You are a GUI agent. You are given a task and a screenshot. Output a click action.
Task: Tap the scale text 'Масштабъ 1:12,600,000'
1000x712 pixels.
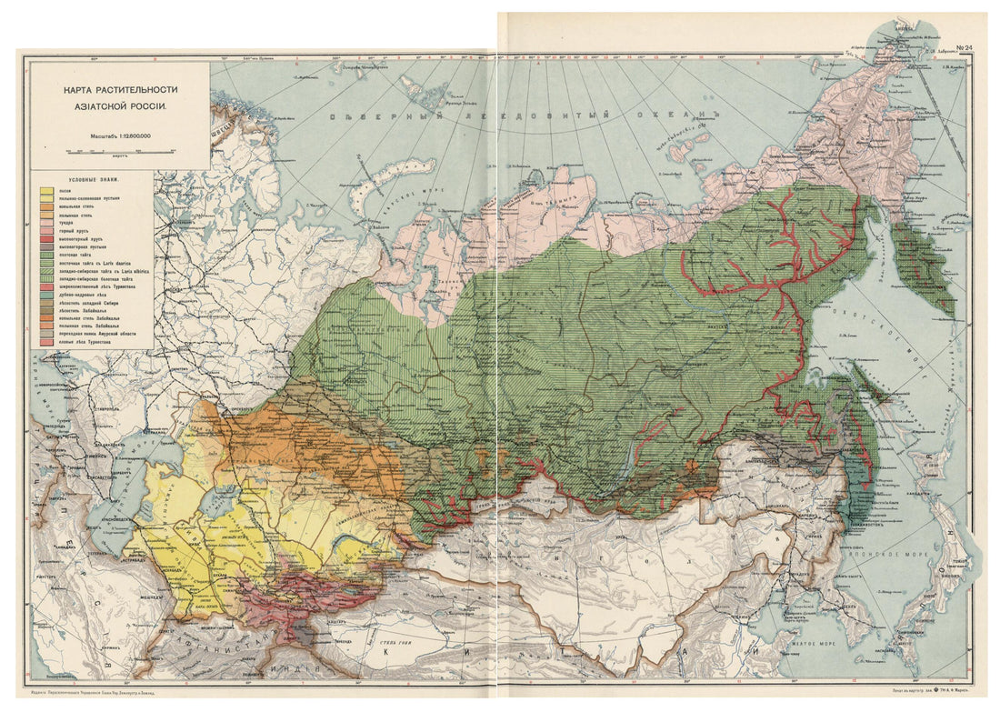coord(119,136)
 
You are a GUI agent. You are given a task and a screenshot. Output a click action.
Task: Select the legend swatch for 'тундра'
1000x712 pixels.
coord(45,223)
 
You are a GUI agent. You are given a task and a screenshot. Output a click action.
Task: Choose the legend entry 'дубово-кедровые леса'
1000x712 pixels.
coord(84,295)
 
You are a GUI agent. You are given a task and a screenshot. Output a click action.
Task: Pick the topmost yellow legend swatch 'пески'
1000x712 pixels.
coord(45,191)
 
